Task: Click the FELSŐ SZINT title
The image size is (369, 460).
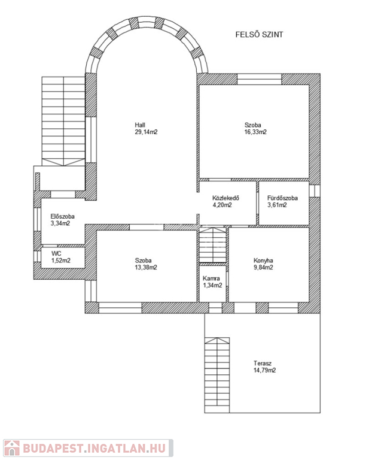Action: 259,35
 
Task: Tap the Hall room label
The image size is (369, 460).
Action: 140,125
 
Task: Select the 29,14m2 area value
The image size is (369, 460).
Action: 146,132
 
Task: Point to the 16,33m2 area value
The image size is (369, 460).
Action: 255,132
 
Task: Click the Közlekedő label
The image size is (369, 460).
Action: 226,198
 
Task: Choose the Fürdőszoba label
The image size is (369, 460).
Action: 283,198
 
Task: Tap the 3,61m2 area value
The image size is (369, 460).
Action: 277,205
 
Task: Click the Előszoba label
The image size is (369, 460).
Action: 62,216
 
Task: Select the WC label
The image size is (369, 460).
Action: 56,253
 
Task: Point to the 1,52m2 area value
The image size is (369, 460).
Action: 61,261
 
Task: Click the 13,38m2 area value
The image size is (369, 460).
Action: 146,267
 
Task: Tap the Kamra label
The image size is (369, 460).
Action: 211,279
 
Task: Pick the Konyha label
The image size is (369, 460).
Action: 263,261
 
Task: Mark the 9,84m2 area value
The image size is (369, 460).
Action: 263,267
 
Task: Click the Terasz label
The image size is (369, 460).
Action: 263,363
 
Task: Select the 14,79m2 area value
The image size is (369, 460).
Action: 265,370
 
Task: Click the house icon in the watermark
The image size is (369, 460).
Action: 11,447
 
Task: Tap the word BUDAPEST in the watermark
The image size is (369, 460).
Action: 53,448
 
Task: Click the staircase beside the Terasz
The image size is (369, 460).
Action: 217,375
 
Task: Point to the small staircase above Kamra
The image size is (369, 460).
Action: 213,244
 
